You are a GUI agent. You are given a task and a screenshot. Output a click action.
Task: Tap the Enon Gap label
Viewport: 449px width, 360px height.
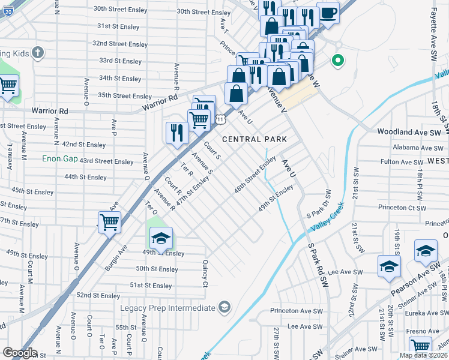coord(59,159)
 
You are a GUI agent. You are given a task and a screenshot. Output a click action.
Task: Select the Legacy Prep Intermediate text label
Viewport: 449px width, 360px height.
coord(166,308)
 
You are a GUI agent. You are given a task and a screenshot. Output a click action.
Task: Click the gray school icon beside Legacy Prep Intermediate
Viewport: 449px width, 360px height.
coord(224,308)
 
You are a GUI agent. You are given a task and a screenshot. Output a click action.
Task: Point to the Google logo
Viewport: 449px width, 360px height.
coord(19,353)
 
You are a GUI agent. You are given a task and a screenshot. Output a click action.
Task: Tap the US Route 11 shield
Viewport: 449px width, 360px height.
coord(221,120)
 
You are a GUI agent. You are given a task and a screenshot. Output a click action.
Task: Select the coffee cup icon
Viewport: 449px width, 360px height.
coord(328,13)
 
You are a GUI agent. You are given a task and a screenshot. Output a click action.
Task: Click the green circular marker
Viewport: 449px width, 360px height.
coord(338,61)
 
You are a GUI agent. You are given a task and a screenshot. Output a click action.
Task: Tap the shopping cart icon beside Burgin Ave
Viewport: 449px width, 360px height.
coord(109,222)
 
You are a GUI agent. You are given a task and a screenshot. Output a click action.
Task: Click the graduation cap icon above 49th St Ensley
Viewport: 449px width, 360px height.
coord(160,238)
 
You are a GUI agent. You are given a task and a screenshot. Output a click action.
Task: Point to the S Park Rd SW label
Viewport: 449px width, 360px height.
coord(318,263)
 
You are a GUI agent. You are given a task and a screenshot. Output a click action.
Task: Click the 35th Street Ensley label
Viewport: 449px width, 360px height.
coord(125,96)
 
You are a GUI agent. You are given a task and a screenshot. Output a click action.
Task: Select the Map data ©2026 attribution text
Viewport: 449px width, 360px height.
coord(423,355)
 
